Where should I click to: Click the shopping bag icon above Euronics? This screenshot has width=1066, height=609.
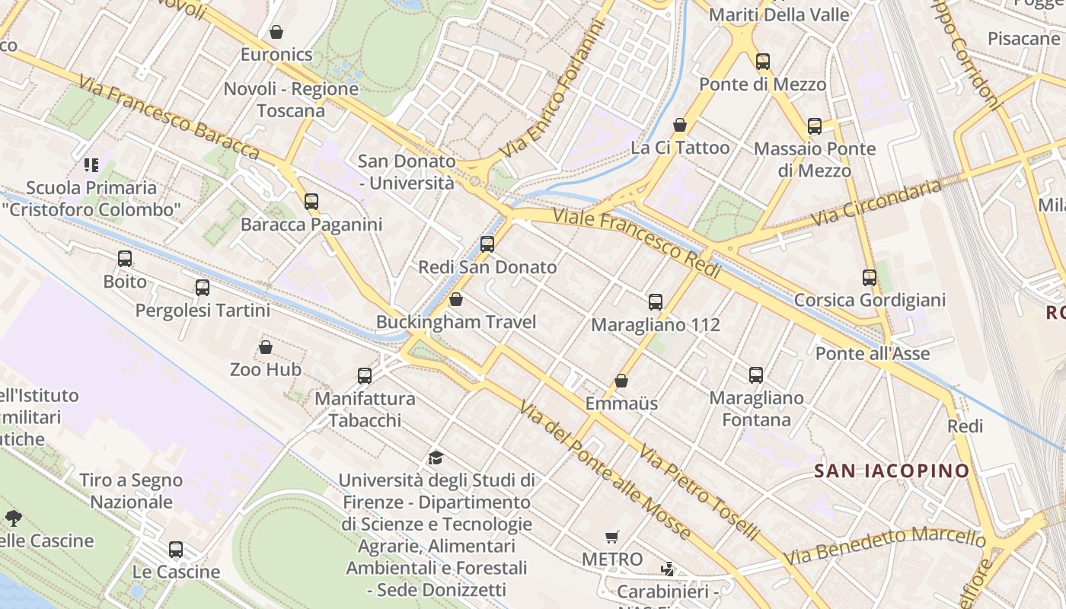click(x=276, y=32)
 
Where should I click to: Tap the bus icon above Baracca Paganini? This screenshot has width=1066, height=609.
click(x=311, y=202)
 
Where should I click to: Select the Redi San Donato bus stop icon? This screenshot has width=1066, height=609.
click(x=487, y=244)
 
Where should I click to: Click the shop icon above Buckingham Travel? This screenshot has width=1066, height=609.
click(x=456, y=299)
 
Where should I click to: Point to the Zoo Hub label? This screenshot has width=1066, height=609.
click(x=266, y=370)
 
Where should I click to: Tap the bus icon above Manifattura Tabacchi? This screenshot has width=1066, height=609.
click(x=365, y=375)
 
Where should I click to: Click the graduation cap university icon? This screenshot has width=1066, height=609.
click(x=436, y=458)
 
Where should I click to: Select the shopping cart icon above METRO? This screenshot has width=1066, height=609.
click(x=612, y=537)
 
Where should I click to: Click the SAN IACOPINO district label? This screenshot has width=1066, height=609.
click(x=892, y=470)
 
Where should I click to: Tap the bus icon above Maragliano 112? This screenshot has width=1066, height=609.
click(x=656, y=302)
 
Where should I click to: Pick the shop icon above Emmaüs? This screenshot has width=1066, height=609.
click(x=621, y=381)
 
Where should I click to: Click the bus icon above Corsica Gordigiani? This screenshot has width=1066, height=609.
click(x=870, y=278)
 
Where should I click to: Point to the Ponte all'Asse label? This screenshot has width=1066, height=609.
click(x=873, y=354)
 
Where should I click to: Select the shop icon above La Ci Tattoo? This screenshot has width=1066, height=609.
click(x=680, y=125)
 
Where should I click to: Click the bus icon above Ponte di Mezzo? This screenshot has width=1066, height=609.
click(x=763, y=62)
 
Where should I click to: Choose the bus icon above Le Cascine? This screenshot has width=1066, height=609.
click(x=176, y=550)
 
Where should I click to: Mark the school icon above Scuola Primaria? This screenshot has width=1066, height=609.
click(x=91, y=164)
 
